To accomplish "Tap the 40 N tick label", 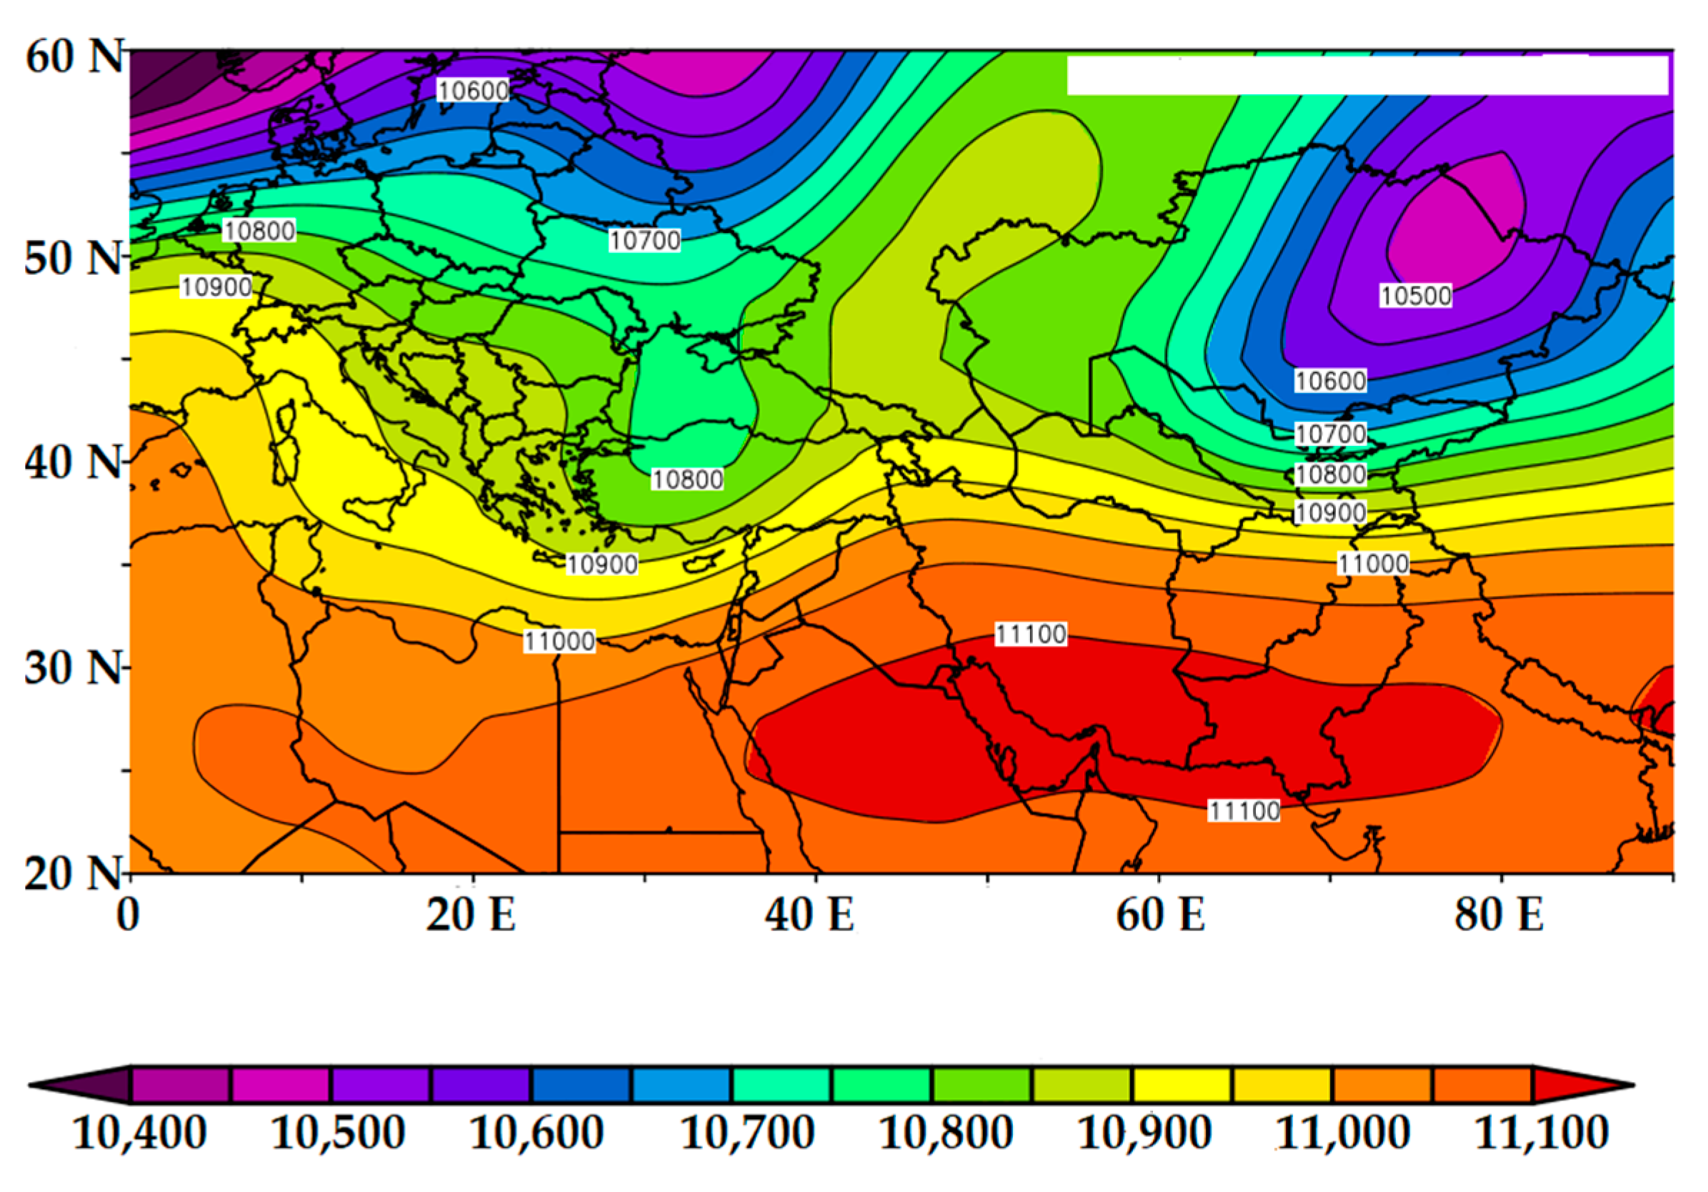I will click(73, 463).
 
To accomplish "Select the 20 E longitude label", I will click(471, 915).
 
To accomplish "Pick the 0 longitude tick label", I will click(128, 915).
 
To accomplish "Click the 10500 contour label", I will click(1416, 295).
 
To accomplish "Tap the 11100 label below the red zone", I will click(1244, 811).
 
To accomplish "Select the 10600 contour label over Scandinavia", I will click(473, 91).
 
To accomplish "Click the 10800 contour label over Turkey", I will click(687, 480).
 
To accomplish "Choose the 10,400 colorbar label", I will click(140, 1133).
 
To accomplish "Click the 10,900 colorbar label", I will click(1145, 1133).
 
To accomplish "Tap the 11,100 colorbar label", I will click(1542, 1133).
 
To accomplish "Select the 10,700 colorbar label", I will click(748, 1133).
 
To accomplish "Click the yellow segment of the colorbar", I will click(1182, 1086).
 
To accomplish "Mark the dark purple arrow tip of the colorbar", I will click(82, 1086).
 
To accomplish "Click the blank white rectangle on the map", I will click(1367, 74).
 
